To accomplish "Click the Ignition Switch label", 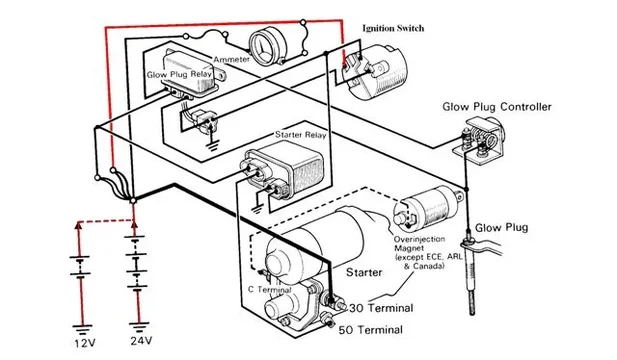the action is click(393, 28).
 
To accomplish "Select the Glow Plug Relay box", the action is click(190, 73).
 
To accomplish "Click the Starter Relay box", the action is click(284, 168).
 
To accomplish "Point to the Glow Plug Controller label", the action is click(497, 107).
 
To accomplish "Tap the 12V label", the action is click(85, 343).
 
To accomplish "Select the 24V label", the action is click(142, 340).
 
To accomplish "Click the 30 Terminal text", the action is click(381, 308).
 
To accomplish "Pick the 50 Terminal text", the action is click(371, 330).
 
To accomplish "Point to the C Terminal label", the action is click(270, 290).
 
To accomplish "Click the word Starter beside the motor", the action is click(364, 272).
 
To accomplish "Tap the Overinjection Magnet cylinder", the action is click(427, 209).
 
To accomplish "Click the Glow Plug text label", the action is click(502, 227).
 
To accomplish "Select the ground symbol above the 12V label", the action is click(82, 330).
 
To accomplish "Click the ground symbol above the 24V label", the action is click(139, 327).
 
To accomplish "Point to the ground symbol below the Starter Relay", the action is click(257, 209).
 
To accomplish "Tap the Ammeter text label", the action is click(232, 60).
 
